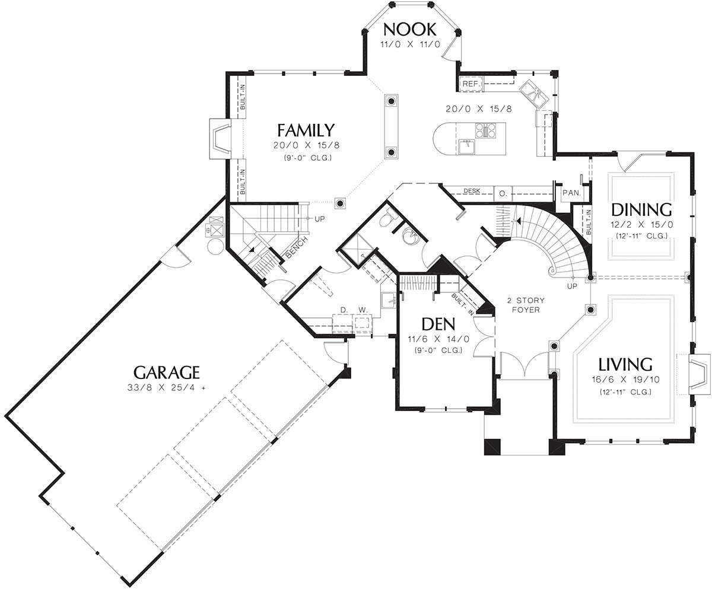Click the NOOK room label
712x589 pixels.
point(410,29)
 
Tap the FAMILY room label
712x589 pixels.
point(306,130)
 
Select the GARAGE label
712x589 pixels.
point(166,372)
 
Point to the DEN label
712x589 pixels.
point(438,324)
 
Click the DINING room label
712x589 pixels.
point(641,210)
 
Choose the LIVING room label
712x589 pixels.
point(625,365)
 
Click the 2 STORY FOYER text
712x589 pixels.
point(526,305)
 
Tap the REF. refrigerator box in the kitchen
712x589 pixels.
point(471,84)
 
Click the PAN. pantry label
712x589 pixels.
point(571,193)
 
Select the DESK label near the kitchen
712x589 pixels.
point(472,191)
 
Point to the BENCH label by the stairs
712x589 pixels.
point(296,247)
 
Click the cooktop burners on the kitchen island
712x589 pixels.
point(485,130)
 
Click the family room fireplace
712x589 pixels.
point(220,139)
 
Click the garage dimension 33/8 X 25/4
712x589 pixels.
point(166,388)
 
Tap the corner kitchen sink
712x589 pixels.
point(533,93)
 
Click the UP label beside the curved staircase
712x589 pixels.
point(572,286)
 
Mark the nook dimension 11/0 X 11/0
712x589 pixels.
point(410,44)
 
